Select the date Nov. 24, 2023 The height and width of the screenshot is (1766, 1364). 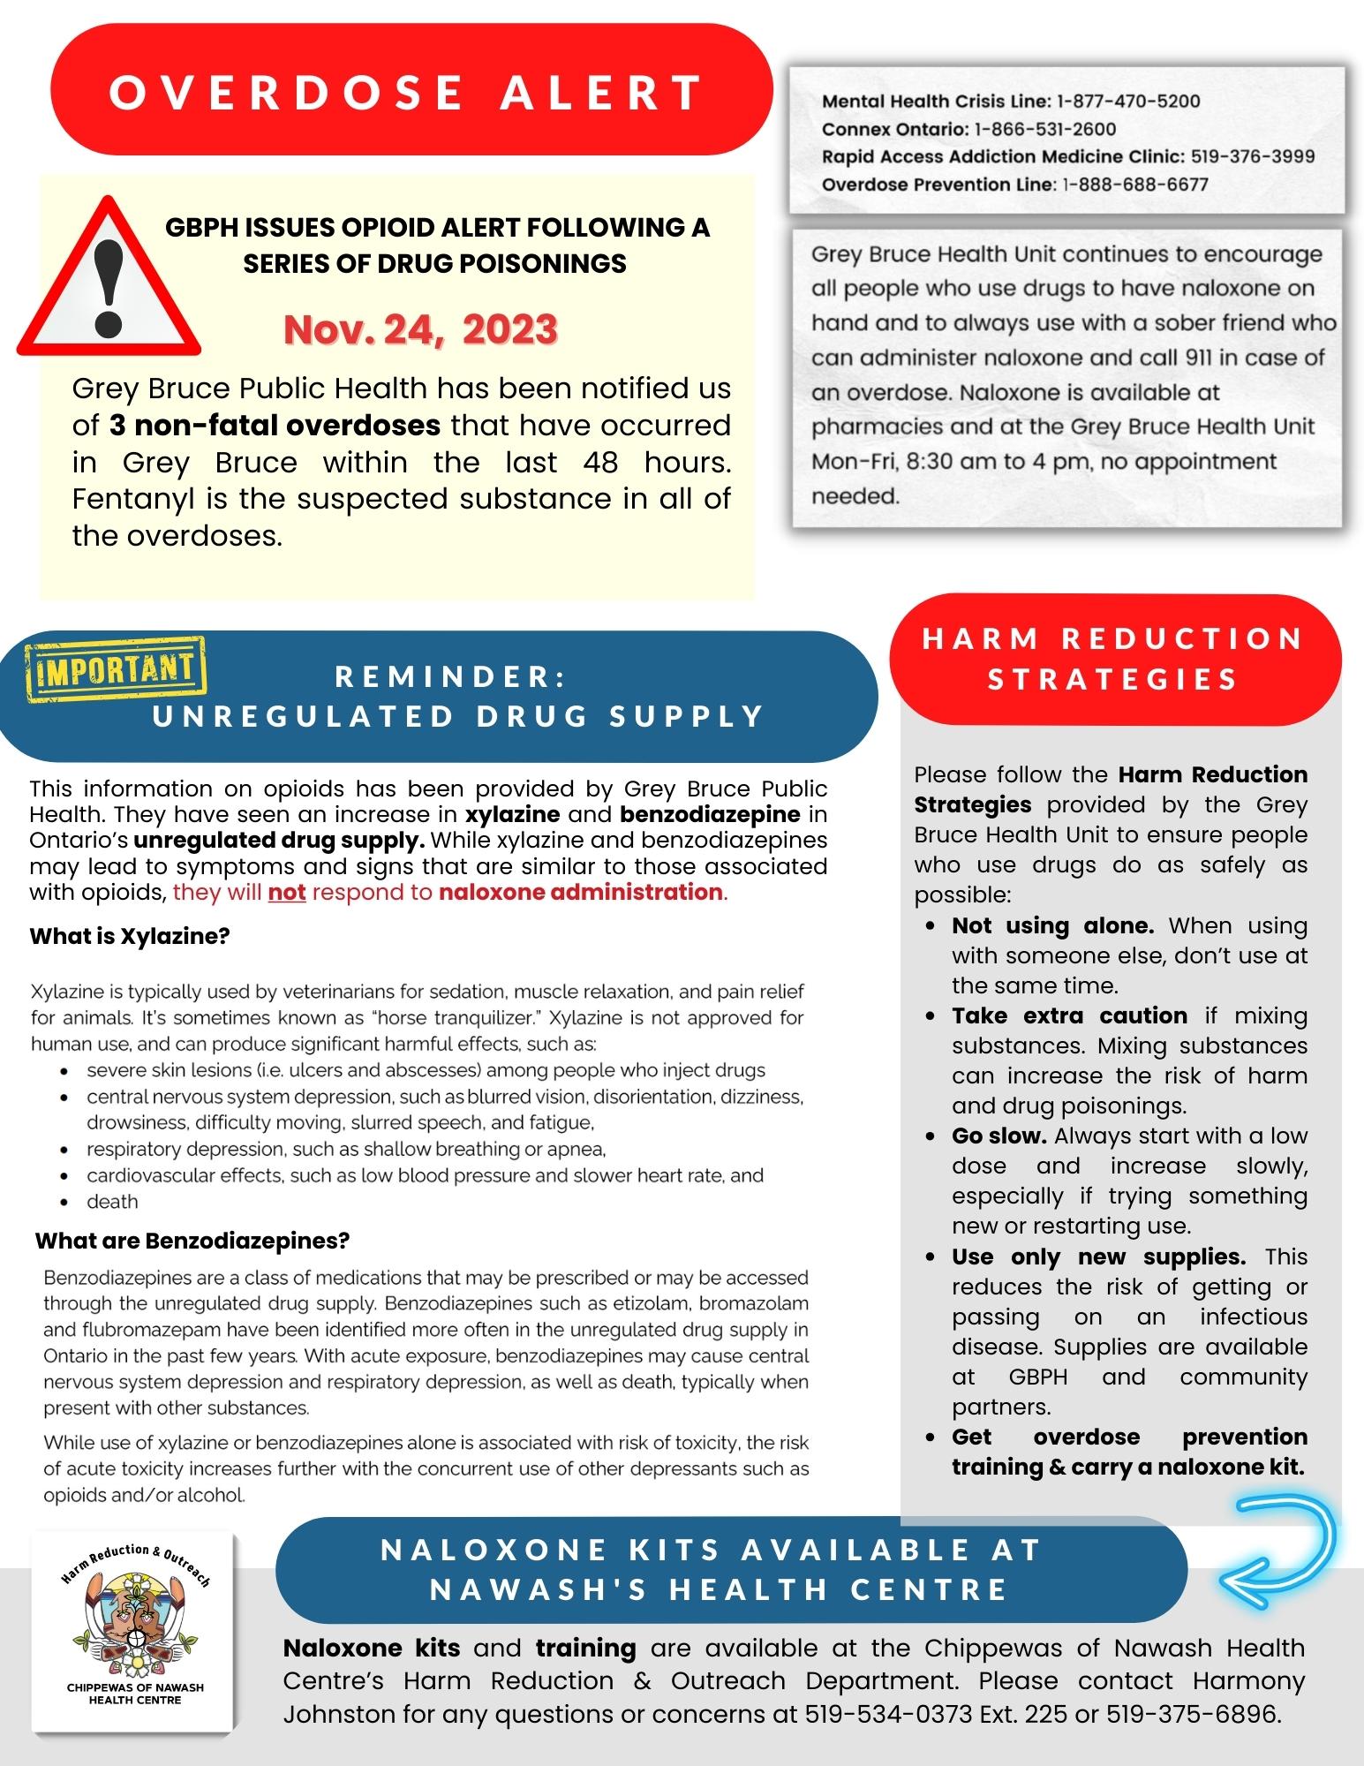[420, 330]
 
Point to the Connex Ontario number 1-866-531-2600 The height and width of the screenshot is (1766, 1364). [1044, 129]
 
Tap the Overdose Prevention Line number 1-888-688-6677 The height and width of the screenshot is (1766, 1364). [1134, 185]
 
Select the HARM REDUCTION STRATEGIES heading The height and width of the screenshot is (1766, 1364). [1113, 659]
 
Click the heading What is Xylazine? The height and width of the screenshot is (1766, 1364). [130, 936]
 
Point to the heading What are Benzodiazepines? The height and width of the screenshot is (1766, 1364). [192, 1241]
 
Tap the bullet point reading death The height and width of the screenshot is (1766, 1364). [112, 1202]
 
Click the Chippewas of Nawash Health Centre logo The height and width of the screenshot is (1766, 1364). [134, 1634]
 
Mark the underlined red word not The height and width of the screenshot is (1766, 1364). [287, 892]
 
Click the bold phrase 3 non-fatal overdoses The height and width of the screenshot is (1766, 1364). [275, 426]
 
